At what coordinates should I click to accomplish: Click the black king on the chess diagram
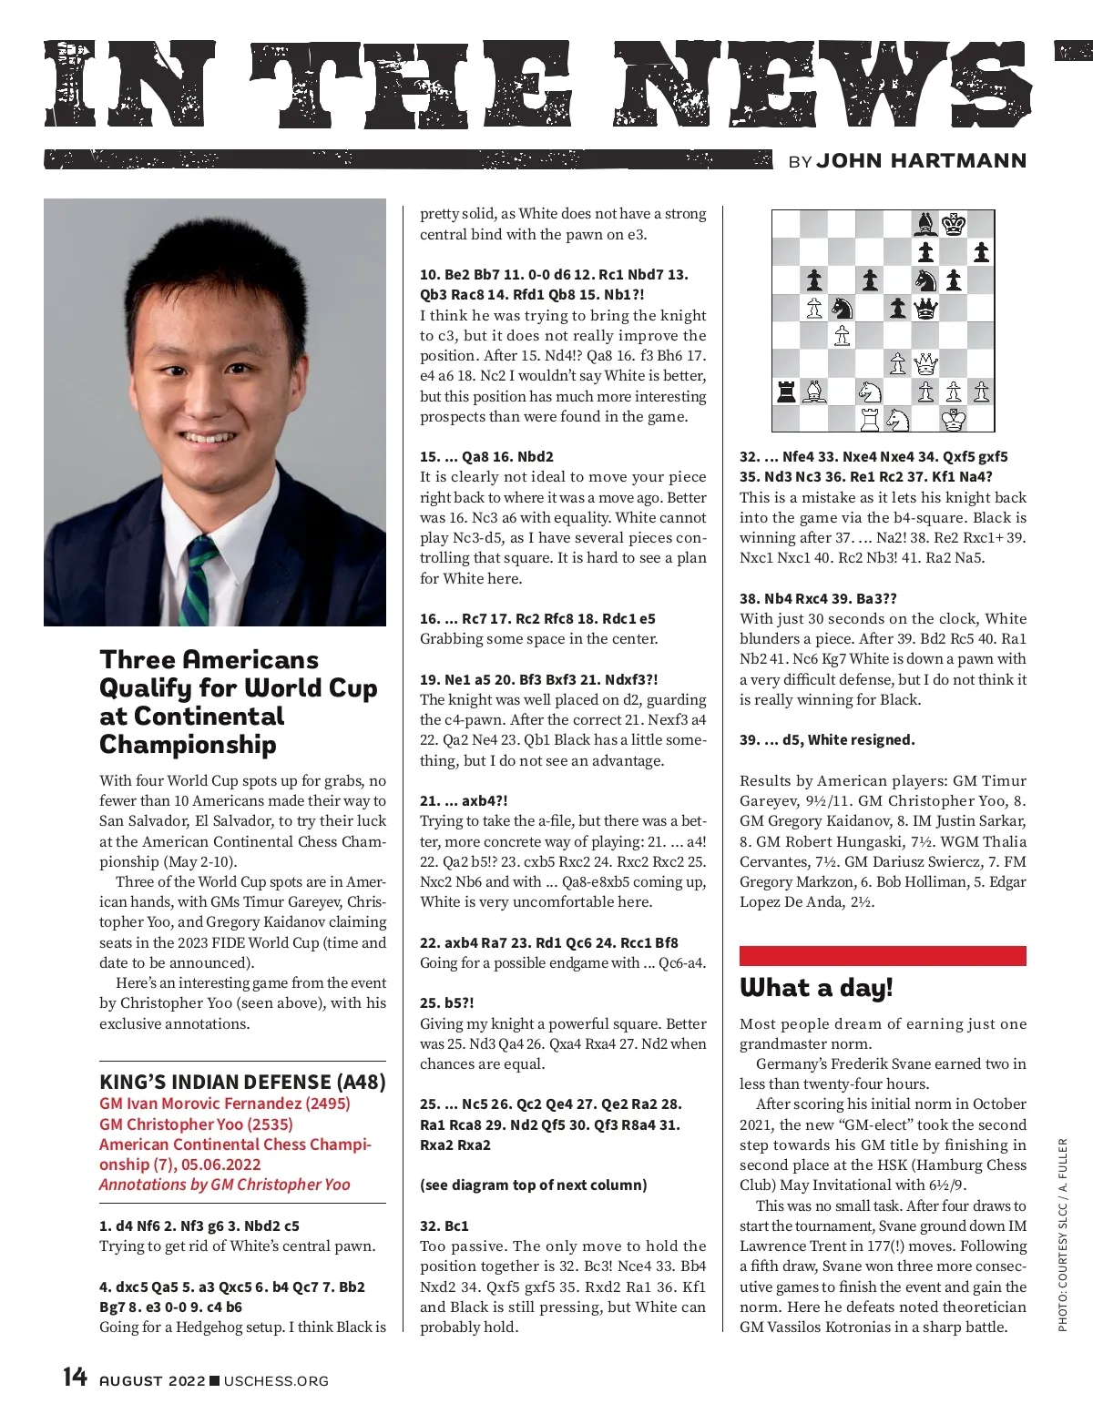(954, 224)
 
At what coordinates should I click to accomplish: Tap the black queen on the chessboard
(925, 309)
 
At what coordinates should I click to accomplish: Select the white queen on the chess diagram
(925, 364)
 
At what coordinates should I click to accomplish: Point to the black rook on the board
(786, 392)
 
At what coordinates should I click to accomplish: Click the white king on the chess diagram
(954, 420)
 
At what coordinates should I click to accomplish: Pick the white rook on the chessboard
(870, 420)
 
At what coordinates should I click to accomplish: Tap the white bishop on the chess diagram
(814, 392)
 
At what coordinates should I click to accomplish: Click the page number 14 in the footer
(75, 1377)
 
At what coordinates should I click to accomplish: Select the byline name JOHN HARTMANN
(921, 161)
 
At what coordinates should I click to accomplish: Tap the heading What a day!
(816, 988)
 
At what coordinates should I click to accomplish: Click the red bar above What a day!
(882, 955)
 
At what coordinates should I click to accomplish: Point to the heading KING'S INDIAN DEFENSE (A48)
(242, 1082)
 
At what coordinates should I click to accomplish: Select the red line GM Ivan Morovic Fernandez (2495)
(224, 1104)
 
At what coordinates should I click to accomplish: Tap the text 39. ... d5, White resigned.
(827, 739)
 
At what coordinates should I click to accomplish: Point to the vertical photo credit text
(1062, 1235)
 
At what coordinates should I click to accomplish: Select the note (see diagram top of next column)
(533, 1185)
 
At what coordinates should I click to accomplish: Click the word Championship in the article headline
(188, 744)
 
